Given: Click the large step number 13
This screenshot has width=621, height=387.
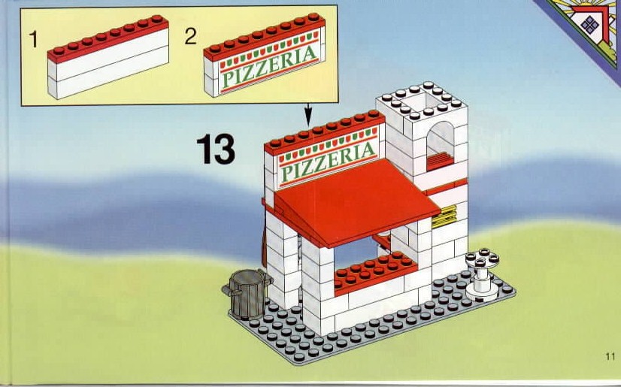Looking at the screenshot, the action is pyautogui.click(x=216, y=149).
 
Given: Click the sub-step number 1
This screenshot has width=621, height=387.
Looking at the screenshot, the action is pyautogui.click(x=34, y=40).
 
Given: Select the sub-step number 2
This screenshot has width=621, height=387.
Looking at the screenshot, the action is pyautogui.click(x=190, y=36).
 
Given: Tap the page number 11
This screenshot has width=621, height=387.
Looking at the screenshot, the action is pyautogui.click(x=610, y=356).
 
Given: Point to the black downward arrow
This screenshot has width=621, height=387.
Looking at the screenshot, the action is pyautogui.click(x=308, y=115).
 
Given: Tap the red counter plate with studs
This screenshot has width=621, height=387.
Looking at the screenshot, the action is pyautogui.click(x=375, y=272).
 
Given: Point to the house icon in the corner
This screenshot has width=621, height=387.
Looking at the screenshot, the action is pyautogui.click(x=590, y=24).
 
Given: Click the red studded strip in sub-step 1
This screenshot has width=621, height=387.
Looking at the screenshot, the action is pyautogui.click(x=108, y=38).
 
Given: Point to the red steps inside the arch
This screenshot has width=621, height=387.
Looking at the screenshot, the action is pyautogui.click(x=440, y=161).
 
